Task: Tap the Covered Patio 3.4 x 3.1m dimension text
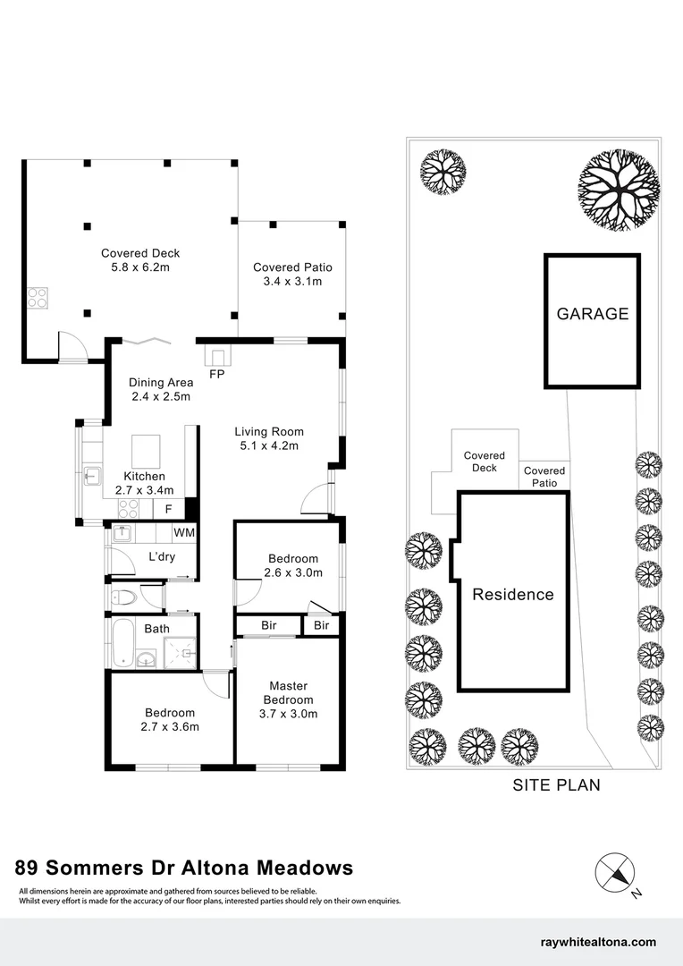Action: [x=292, y=281]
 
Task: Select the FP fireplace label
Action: [x=216, y=374]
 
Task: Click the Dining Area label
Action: [x=161, y=383]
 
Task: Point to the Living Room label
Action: [x=264, y=431]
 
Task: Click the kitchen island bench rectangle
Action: [x=147, y=447]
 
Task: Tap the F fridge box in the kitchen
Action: [x=168, y=509]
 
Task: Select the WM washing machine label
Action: [x=184, y=533]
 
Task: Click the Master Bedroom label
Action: [x=288, y=693]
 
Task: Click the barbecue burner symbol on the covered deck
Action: [x=38, y=296]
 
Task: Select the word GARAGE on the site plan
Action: [x=593, y=314]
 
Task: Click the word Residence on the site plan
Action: [x=513, y=595]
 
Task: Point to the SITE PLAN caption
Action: [x=556, y=785]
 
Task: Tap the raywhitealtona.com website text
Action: [x=599, y=942]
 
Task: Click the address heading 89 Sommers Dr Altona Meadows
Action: [x=185, y=868]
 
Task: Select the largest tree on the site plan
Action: [x=619, y=190]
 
